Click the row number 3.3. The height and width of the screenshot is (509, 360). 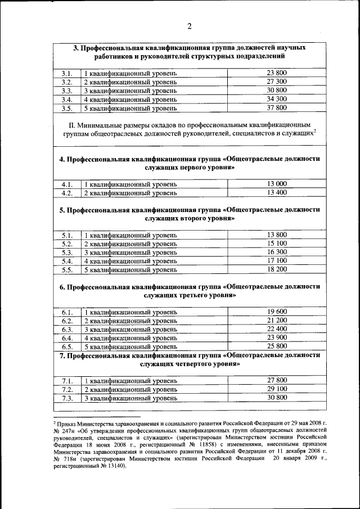click(x=67, y=91)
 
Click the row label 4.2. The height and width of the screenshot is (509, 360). click(x=67, y=193)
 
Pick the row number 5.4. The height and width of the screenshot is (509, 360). click(x=67, y=261)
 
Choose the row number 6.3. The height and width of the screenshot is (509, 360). click(x=67, y=329)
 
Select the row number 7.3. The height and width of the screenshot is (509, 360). click(x=67, y=398)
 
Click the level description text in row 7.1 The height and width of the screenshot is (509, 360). click(x=130, y=380)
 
